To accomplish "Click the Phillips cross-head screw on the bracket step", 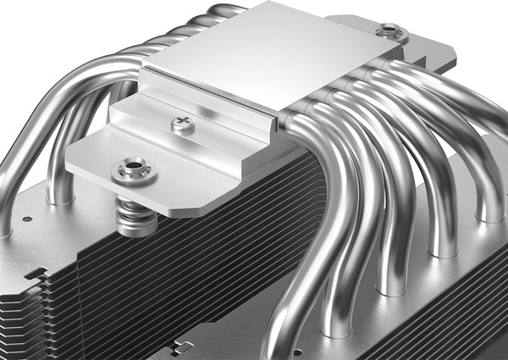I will pos(183,124).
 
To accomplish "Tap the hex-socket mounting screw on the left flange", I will pos(134,169).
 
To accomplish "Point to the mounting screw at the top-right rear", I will pos(391,32).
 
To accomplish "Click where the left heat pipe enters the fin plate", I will pos(60,197).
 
